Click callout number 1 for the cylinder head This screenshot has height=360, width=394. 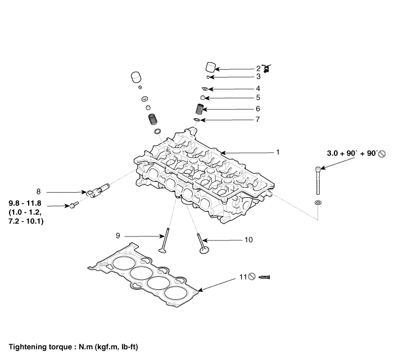(277, 152)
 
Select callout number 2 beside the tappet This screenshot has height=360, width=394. (259, 69)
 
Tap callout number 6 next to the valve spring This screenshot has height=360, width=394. (258, 109)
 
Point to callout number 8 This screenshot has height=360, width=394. (38, 191)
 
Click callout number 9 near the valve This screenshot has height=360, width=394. (118, 236)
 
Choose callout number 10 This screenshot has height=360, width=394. (248, 240)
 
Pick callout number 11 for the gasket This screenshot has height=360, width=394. (243, 277)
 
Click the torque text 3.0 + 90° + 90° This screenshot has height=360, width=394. (352, 153)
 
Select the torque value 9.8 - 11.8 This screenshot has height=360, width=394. (26, 203)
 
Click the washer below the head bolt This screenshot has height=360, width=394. (319, 201)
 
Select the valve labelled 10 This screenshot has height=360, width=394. (203, 245)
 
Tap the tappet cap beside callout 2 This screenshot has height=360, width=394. (210, 67)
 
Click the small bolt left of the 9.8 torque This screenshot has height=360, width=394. (73, 206)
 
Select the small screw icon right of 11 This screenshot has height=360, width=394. (266, 277)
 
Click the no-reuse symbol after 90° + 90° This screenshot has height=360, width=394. (382, 153)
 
